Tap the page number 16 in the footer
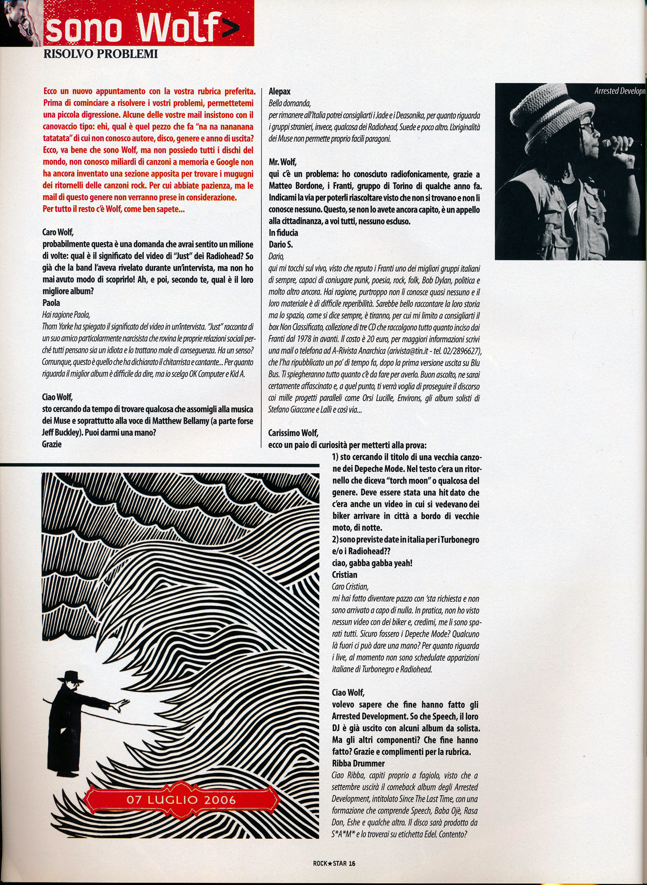pos(353,863)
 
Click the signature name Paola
pos(51,302)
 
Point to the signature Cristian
pos(345,575)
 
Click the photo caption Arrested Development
pos(620,91)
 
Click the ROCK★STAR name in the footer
pos(330,863)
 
